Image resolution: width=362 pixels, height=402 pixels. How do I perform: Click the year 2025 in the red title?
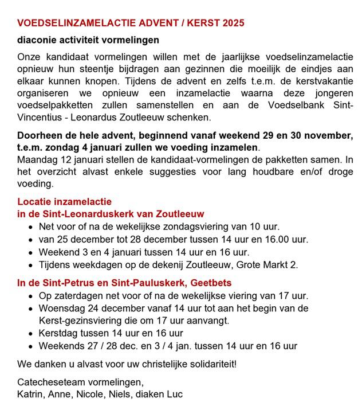233,24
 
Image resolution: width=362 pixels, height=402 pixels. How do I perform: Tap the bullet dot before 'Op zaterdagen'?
30,296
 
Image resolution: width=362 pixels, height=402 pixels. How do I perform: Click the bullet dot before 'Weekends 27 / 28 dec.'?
30,345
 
